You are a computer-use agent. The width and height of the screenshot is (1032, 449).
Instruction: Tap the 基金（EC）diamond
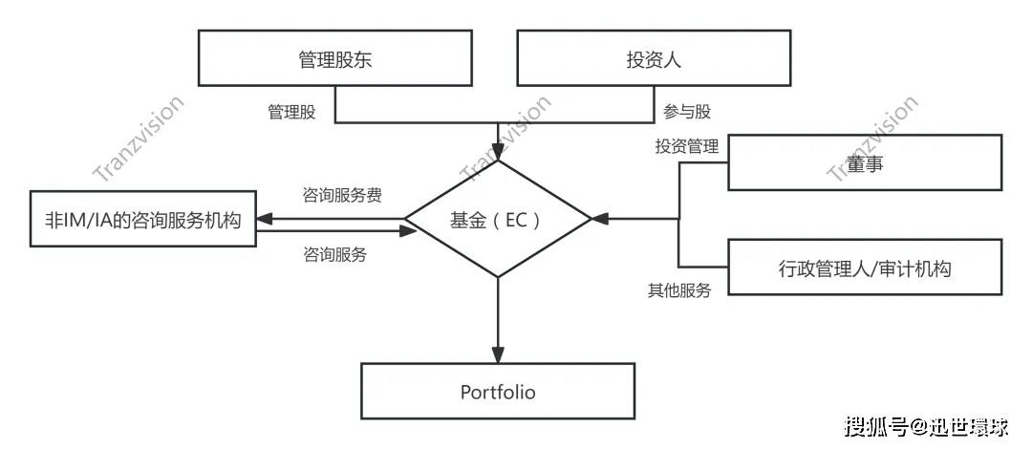click(x=498, y=220)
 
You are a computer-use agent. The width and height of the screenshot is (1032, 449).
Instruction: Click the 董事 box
click(x=865, y=162)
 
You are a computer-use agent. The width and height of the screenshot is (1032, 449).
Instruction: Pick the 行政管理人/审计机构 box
click(x=865, y=268)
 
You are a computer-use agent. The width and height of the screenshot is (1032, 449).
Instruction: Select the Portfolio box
click(x=498, y=392)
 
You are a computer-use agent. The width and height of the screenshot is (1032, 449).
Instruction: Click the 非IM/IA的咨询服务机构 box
click(x=143, y=220)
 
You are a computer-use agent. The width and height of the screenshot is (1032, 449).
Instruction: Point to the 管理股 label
click(x=290, y=112)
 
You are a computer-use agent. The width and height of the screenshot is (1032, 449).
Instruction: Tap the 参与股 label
click(x=687, y=112)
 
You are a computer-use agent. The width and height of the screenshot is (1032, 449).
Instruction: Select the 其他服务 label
click(x=679, y=290)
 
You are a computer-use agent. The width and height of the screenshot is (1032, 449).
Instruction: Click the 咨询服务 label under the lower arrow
click(x=334, y=255)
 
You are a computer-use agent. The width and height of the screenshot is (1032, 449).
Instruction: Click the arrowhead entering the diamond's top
click(x=498, y=152)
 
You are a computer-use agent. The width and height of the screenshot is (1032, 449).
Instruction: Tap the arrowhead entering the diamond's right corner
click(x=599, y=220)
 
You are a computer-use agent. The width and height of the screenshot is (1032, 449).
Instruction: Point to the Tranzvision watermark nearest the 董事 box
click(x=871, y=138)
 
